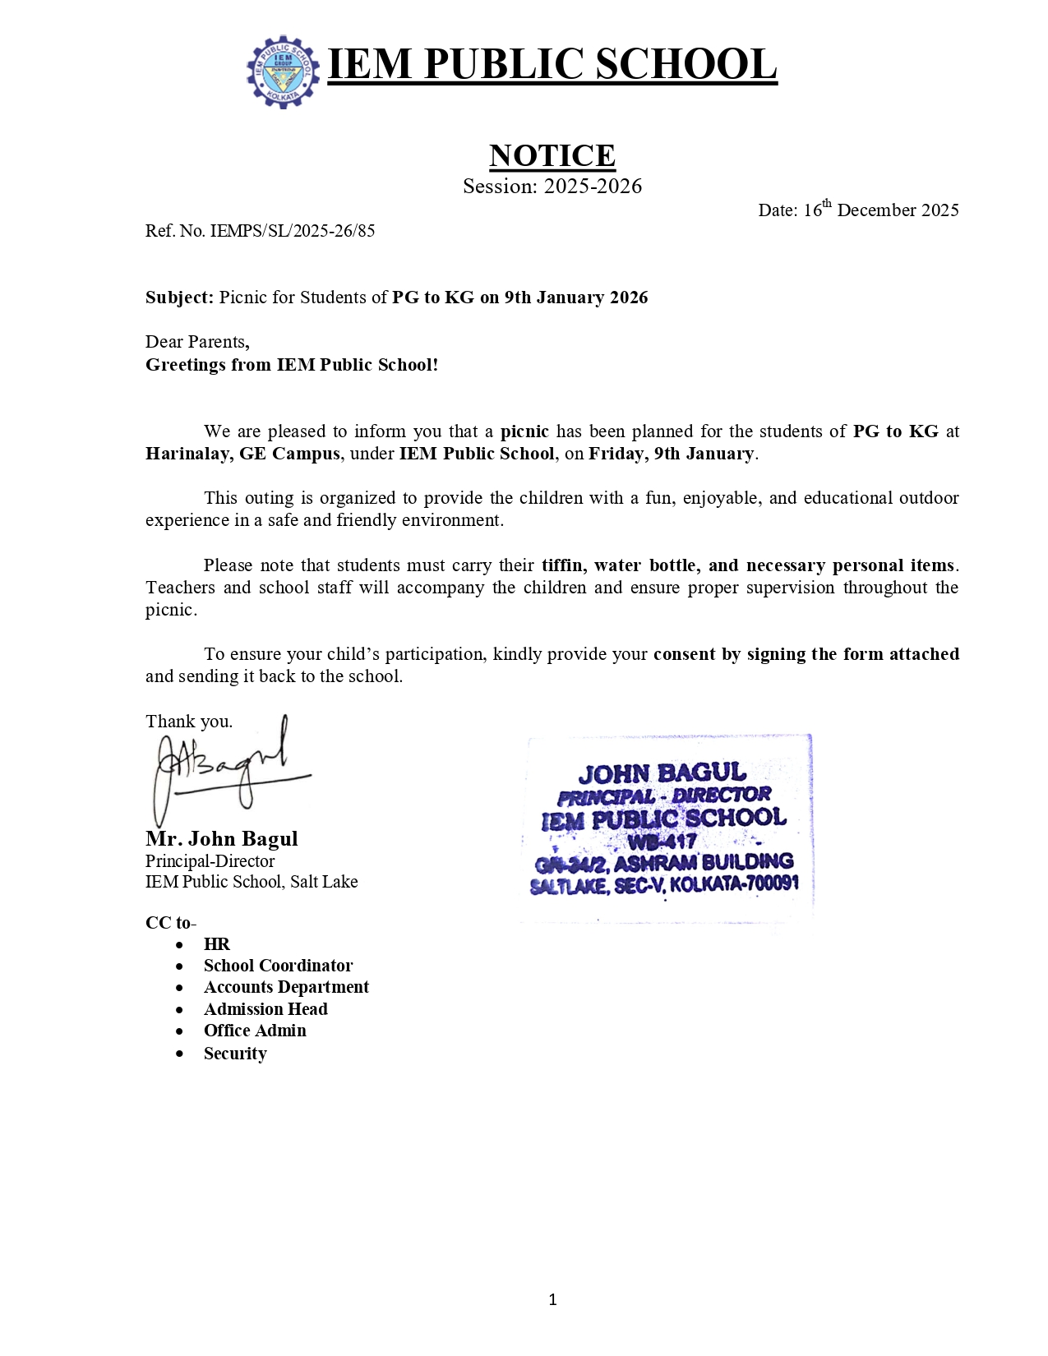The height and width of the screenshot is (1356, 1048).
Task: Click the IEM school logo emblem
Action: [283, 71]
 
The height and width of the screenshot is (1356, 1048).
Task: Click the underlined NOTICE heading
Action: [552, 155]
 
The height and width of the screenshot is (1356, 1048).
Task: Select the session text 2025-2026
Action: [593, 187]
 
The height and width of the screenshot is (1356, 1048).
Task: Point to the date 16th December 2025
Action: [858, 210]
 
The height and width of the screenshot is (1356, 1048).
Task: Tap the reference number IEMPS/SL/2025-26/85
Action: [292, 231]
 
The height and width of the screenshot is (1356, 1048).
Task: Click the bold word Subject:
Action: [179, 297]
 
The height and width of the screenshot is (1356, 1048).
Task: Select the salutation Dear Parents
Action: [197, 342]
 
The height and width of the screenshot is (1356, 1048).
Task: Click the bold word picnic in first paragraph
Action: [524, 431]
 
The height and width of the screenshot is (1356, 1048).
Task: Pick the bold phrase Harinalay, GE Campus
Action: [242, 454]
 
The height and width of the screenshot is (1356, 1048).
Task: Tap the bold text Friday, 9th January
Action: [671, 454]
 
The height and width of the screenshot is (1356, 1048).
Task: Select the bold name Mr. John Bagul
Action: [222, 838]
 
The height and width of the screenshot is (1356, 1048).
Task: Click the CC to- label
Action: [170, 923]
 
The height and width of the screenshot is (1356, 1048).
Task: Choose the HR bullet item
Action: [217, 944]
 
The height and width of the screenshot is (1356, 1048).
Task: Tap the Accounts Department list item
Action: [286, 987]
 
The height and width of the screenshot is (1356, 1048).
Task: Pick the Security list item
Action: [235, 1054]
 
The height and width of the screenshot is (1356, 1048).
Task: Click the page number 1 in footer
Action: [552, 1299]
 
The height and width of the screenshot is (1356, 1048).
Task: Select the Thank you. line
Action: [189, 722]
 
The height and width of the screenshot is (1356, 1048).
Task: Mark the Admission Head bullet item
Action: [265, 1009]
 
